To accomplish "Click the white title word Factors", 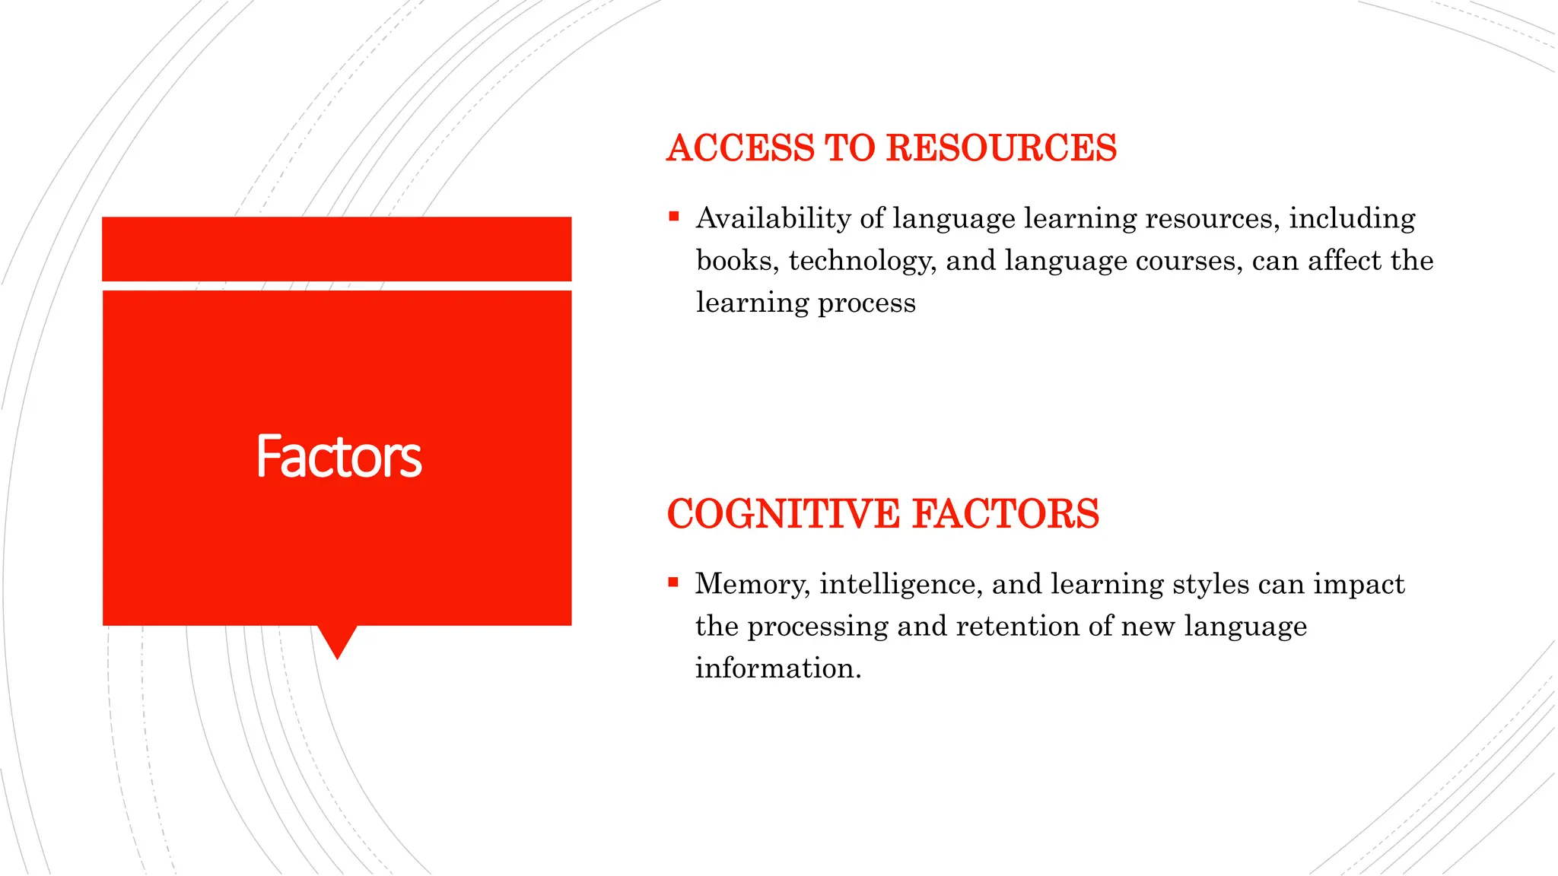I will pyautogui.click(x=339, y=456).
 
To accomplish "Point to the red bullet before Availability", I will pyautogui.click(x=673, y=217).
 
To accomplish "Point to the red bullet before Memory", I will pyautogui.click(x=672, y=583).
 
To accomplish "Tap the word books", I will pyautogui.click(x=736, y=261).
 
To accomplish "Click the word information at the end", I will pyautogui.click(x=777, y=668).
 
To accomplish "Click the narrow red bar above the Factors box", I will pyautogui.click(x=336, y=249).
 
